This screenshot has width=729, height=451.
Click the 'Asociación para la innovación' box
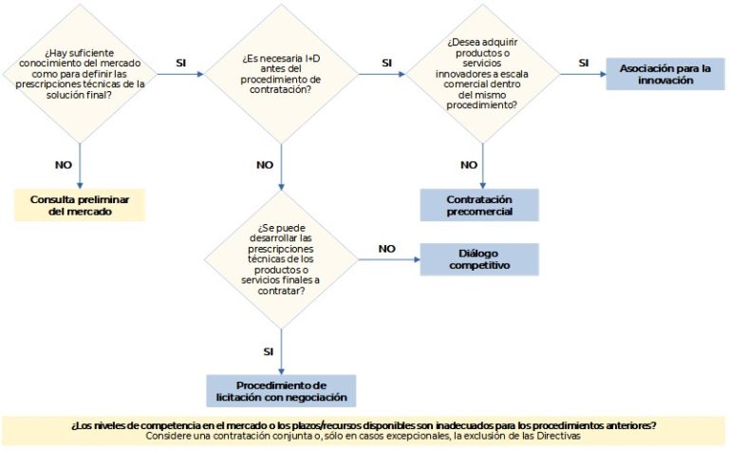tap(665, 74)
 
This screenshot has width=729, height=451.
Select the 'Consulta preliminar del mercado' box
tap(80, 205)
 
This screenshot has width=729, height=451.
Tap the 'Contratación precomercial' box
tap(479, 205)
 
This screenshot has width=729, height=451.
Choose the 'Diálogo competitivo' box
tap(479, 259)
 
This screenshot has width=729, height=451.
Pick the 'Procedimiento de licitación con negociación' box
tap(281, 391)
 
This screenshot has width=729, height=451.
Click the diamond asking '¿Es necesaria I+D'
tap(281, 74)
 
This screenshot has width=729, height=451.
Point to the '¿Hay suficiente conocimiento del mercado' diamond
tap(80, 74)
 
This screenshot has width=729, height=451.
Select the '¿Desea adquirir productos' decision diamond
tap(482, 74)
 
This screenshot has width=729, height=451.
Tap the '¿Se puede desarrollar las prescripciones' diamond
tap(281, 259)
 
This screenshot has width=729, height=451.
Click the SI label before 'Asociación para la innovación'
tap(584, 63)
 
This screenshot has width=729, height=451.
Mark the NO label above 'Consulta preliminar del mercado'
tap(64, 164)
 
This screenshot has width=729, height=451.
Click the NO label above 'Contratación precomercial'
tap(469, 164)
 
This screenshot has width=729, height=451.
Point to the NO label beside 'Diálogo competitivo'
tap(387, 249)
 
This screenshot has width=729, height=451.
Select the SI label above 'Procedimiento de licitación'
tap(269, 351)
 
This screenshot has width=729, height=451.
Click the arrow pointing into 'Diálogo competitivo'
tap(389, 259)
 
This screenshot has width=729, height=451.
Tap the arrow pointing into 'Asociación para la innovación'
tap(583, 74)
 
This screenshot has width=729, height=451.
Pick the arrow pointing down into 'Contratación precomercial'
tap(482, 166)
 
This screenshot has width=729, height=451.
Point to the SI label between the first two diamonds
tap(181, 63)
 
